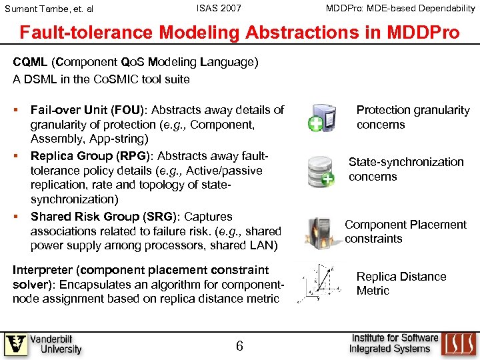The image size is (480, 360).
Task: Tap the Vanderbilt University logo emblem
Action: [16, 344]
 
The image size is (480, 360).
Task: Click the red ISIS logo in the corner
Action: [459, 344]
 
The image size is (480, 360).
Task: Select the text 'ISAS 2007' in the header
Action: [219, 9]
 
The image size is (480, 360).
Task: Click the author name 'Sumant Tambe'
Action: [37, 9]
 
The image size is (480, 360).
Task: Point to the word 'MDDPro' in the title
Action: [419, 33]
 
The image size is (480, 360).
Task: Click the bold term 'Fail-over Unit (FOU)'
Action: [85, 110]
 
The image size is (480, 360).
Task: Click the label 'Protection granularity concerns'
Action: [413, 117]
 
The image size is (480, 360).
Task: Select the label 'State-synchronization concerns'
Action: [405, 169]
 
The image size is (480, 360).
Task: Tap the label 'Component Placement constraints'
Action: [405, 231]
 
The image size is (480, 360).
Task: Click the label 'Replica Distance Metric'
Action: [401, 283]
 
